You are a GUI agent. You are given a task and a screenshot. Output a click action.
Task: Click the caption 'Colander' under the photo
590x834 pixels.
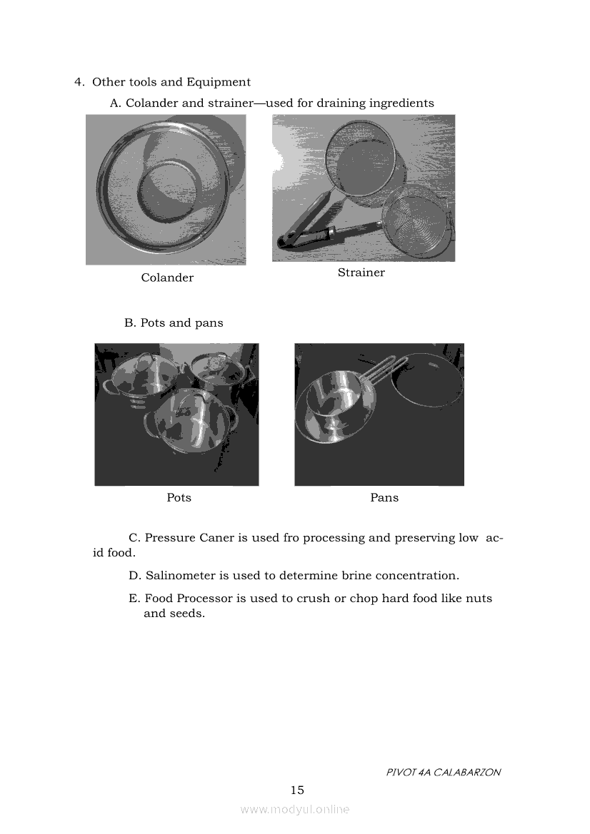tap(167, 278)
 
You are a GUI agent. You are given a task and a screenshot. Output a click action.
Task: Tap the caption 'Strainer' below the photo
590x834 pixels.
tap(361, 272)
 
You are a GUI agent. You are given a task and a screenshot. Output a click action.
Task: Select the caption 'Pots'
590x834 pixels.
tap(179, 497)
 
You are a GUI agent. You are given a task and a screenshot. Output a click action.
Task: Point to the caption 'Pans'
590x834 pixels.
tap(384, 497)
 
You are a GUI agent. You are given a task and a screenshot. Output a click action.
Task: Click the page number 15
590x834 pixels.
tap(297, 790)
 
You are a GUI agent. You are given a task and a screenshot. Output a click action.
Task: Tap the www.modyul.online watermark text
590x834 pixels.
tap(295, 809)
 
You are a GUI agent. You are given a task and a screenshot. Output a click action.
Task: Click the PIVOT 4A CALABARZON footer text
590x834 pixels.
tap(443, 772)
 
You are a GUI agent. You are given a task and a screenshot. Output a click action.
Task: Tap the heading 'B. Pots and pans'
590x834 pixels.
tap(174, 322)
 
